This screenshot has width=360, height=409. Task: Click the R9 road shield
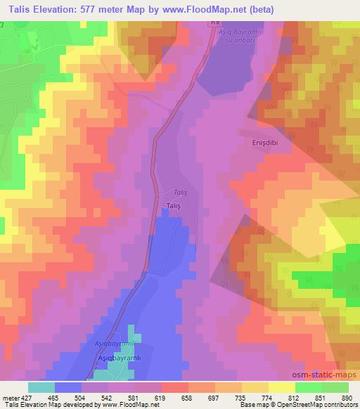coord(214,24)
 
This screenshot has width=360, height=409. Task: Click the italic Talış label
coord(181,192)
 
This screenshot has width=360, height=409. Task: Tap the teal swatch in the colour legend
coord(41,387)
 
